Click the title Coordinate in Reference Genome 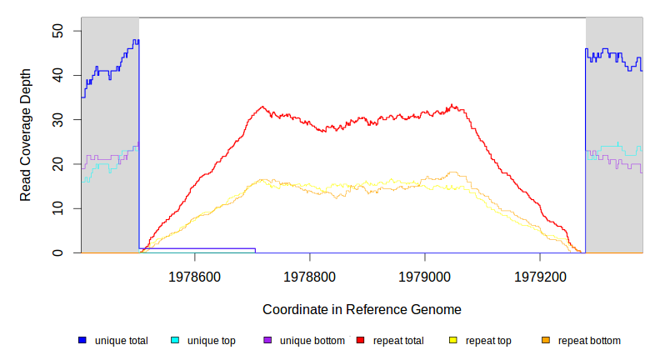pyautogui.click(x=362, y=309)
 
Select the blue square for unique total pyautogui.click(x=82, y=340)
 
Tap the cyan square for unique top pyautogui.click(x=175, y=340)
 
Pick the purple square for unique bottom pyautogui.click(x=267, y=340)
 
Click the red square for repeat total pyautogui.click(x=361, y=340)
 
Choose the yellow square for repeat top pyautogui.click(x=453, y=340)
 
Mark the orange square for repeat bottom pyautogui.click(x=546, y=340)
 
